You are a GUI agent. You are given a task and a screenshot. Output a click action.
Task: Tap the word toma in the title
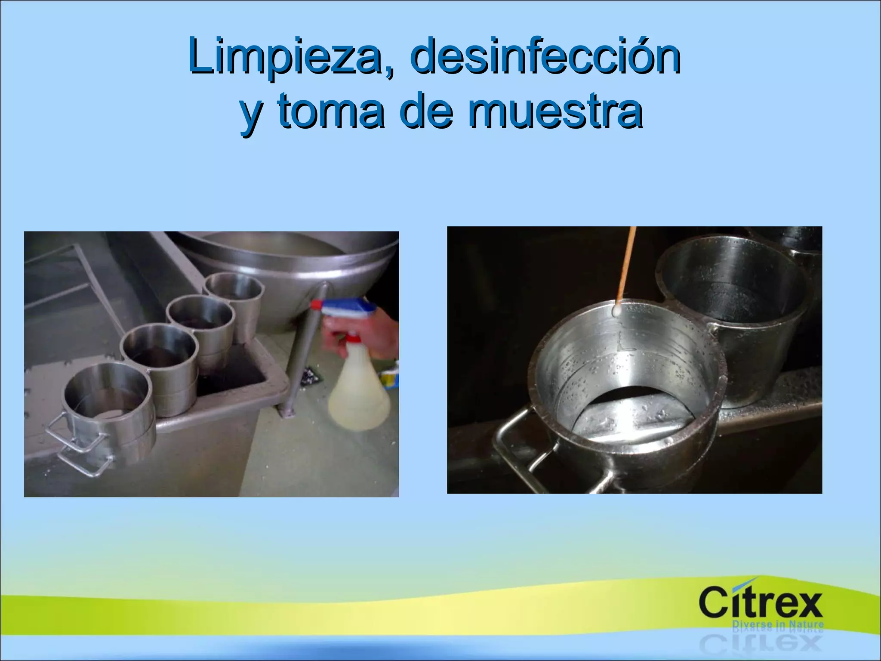click(331, 111)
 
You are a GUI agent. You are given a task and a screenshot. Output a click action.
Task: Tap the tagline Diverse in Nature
click(778, 625)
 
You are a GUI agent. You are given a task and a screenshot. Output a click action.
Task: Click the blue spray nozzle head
click(344, 309)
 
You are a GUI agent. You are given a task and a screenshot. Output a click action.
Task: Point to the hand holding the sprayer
click(379, 336)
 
